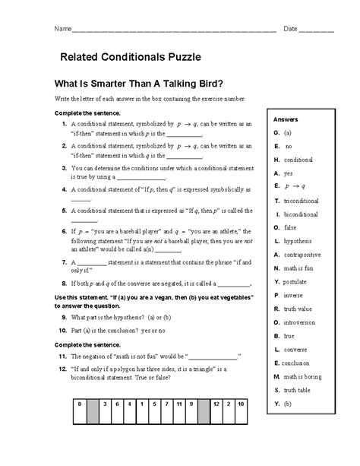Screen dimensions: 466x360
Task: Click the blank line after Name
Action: tap(174, 30)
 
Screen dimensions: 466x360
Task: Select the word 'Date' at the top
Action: tap(290, 28)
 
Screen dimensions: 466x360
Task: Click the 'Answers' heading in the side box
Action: tap(286, 120)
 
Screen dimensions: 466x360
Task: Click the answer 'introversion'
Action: tap(301, 322)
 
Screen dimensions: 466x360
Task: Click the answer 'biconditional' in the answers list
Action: tap(302, 214)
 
